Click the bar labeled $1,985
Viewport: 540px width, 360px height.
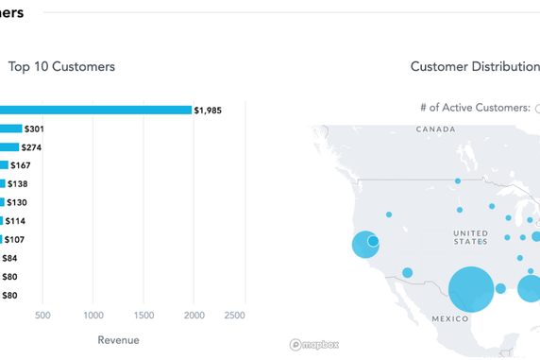point(94,110)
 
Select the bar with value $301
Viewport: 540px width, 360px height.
point(10,129)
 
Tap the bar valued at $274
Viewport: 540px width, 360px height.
point(9,147)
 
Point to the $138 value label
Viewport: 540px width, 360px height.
point(19,184)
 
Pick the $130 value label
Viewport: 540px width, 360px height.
point(19,202)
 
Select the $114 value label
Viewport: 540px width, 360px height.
point(16,221)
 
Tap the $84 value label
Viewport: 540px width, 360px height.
point(9,258)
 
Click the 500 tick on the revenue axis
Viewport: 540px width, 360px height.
point(42,315)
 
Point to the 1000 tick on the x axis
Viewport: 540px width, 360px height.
point(93,315)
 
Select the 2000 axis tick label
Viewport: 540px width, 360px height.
point(194,315)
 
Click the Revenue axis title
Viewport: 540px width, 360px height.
point(118,340)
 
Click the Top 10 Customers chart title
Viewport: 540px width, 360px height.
point(61,67)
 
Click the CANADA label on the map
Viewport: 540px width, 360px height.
point(435,129)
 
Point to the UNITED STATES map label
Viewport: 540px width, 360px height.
point(470,237)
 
